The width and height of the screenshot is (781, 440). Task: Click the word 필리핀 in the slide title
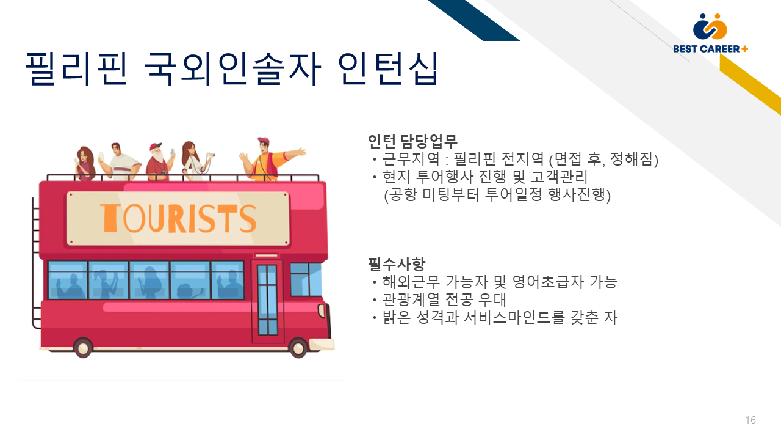coord(76,68)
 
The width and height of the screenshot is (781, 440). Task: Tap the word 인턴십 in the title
coord(387,68)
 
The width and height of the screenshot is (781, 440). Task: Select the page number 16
coord(750,420)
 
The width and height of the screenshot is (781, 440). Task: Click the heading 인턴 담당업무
coord(412,141)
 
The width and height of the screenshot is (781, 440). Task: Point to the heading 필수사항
coord(397,264)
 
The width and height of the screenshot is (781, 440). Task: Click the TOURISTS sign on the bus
coord(178,218)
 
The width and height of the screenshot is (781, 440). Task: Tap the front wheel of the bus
coord(298,348)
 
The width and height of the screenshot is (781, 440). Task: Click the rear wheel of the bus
coord(83,348)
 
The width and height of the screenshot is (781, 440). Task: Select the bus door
coord(267,300)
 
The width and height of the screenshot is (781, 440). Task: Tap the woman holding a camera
coord(195,161)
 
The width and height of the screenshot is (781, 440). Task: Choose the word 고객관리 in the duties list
coord(559,177)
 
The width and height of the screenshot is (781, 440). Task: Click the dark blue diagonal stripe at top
coord(473,20)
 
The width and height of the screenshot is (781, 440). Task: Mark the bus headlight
coord(322,310)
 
